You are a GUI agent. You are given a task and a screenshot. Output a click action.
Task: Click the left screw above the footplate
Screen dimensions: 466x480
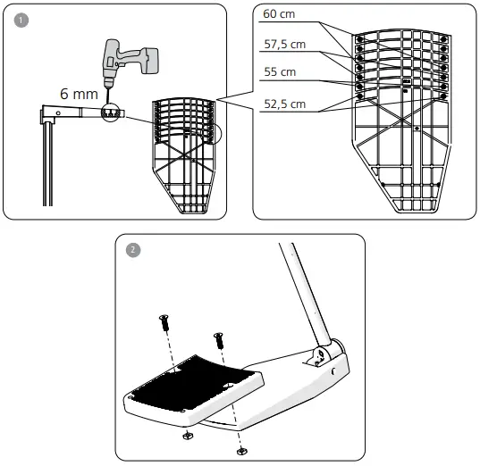coord(164,323)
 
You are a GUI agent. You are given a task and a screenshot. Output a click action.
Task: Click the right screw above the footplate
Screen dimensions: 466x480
coord(217,339)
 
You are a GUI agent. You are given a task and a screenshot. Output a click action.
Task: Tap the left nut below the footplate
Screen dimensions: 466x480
coord(188,437)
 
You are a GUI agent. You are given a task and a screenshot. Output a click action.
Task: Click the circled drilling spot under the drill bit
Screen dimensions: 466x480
coord(112,114)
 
